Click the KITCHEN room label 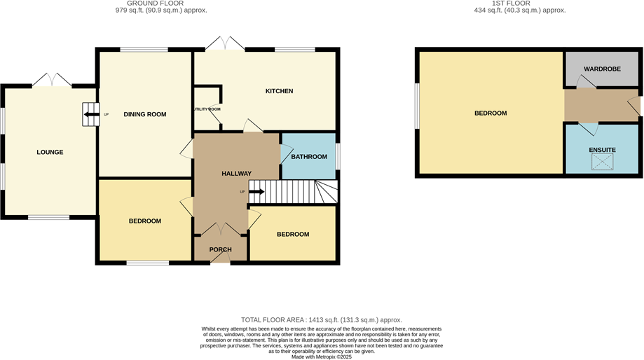pos(278,91)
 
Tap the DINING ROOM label pos(144,114)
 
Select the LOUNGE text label pos(50,152)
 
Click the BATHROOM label pos(308,156)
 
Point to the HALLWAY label pos(236,174)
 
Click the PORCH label pos(220,249)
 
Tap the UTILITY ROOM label pos(206,109)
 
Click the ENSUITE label pos(602,150)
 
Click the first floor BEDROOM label pos(490,113)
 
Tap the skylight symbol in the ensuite pos(602,162)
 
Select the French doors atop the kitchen pos(225,44)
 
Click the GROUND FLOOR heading pos(160,4)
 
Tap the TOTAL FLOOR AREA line pos(321,319)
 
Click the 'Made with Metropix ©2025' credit pos(322,355)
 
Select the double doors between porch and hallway pos(220,229)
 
